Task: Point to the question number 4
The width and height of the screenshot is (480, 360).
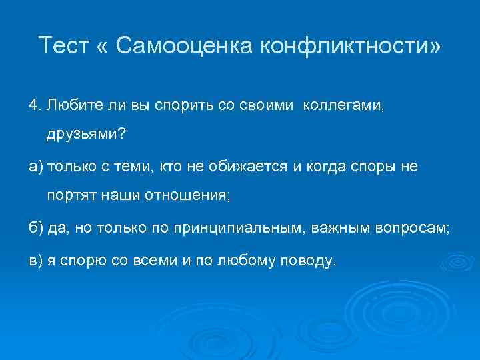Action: pos(34,105)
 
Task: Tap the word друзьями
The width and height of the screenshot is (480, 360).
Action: pos(84,135)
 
